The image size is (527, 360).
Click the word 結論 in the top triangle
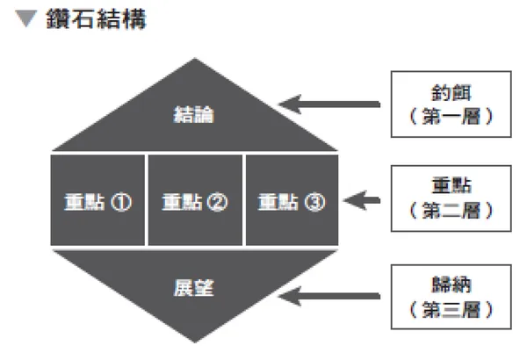point(194,116)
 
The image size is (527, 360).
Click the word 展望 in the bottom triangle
point(194,286)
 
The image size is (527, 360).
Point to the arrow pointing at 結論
point(330,105)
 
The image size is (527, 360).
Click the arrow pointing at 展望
point(330,296)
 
